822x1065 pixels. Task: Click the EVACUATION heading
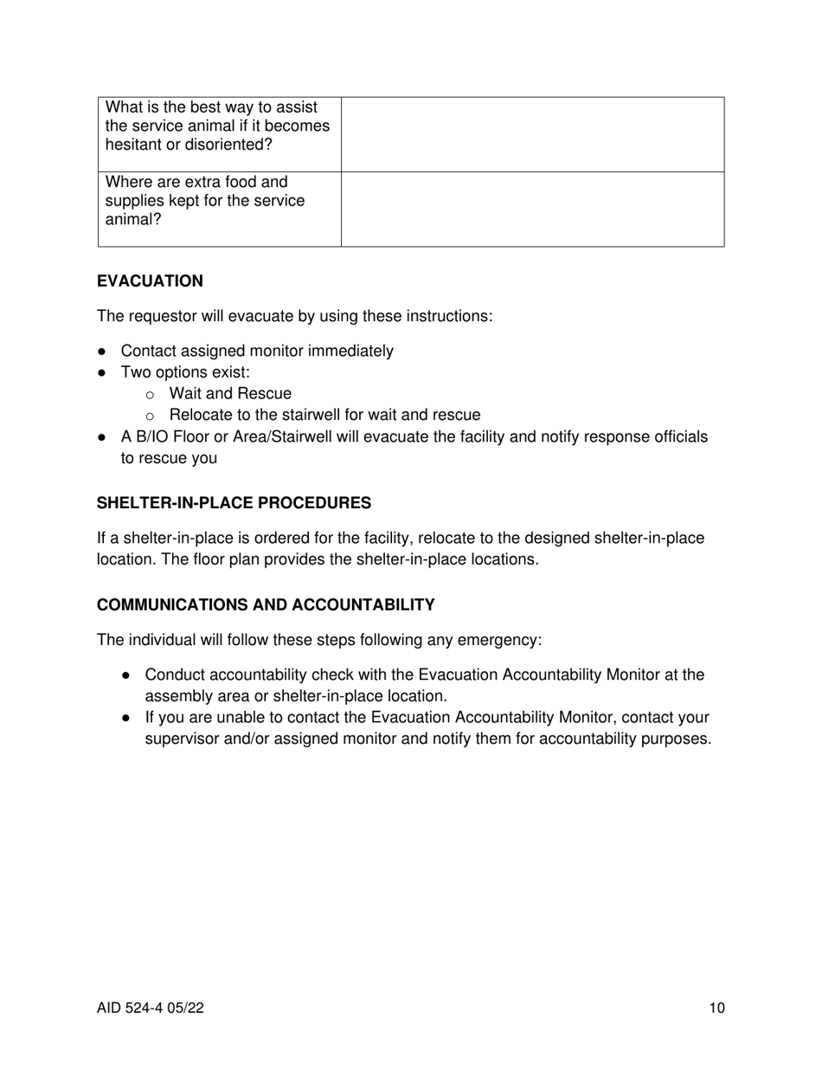pos(150,281)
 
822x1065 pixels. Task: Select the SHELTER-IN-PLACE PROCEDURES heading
pos(234,503)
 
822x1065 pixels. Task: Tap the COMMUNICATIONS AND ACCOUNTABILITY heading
pos(266,604)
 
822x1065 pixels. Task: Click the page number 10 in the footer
pos(716,1008)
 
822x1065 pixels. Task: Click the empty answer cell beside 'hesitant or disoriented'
pos(532,134)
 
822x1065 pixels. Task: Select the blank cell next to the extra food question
pos(532,209)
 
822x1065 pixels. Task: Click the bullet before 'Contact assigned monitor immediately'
pos(103,352)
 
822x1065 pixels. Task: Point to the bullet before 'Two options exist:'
pos(103,373)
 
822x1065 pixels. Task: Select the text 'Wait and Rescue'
pos(230,394)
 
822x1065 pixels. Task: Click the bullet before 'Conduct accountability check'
pos(127,675)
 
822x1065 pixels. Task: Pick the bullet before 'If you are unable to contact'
pos(127,718)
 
